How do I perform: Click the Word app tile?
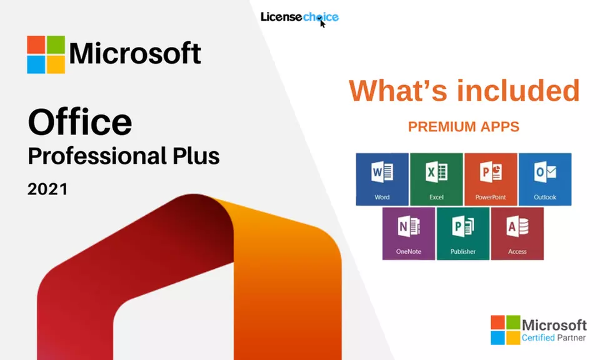(x=382, y=179)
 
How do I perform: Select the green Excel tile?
(x=436, y=179)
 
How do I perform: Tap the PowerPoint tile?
(x=490, y=179)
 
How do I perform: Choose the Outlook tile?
(x=544, y=179)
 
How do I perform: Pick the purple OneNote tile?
(x=409, y=234)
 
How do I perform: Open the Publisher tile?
(x=462, y=234)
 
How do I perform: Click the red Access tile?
(x=517, y=234)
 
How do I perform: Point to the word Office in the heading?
(x=80, y=122)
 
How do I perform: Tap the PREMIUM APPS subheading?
(x=463, y=127)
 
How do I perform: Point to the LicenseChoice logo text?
(x=299, y=17)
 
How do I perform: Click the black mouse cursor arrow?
(x=322, y=23)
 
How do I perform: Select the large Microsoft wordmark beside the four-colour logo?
(x=135, y=54)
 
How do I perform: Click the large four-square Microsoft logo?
(x=46, y=54)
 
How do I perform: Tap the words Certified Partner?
(x=554, y=338)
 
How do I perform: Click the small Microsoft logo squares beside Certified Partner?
(x=505, y=330)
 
